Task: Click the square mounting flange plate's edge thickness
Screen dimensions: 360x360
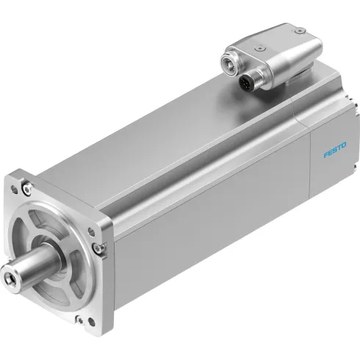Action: [x=107, y=279]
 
